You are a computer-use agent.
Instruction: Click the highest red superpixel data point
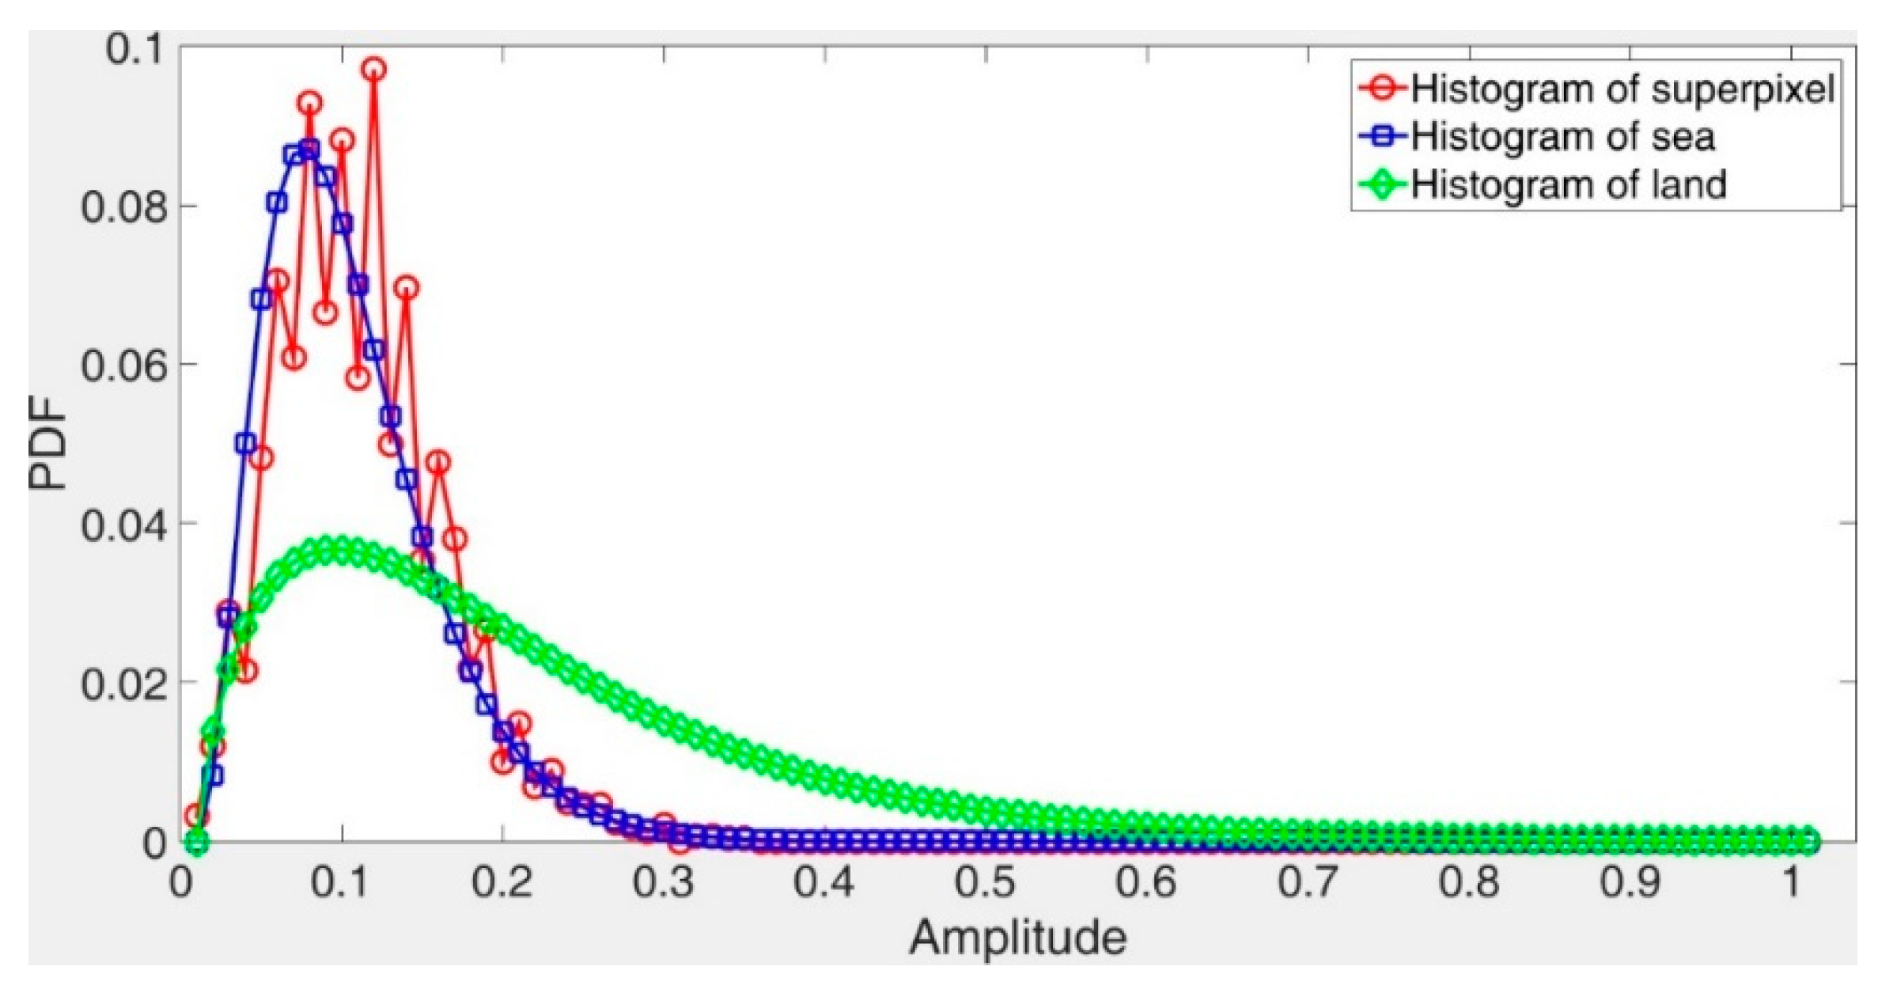point(374,70)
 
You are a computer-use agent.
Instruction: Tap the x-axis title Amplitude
point(1017,938)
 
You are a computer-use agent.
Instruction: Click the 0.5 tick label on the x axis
point(985,881)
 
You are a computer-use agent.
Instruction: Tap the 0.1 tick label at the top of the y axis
point(134,49)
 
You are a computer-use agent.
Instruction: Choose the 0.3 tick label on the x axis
point(663,881)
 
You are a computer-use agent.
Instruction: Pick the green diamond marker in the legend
point(1383,185)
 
